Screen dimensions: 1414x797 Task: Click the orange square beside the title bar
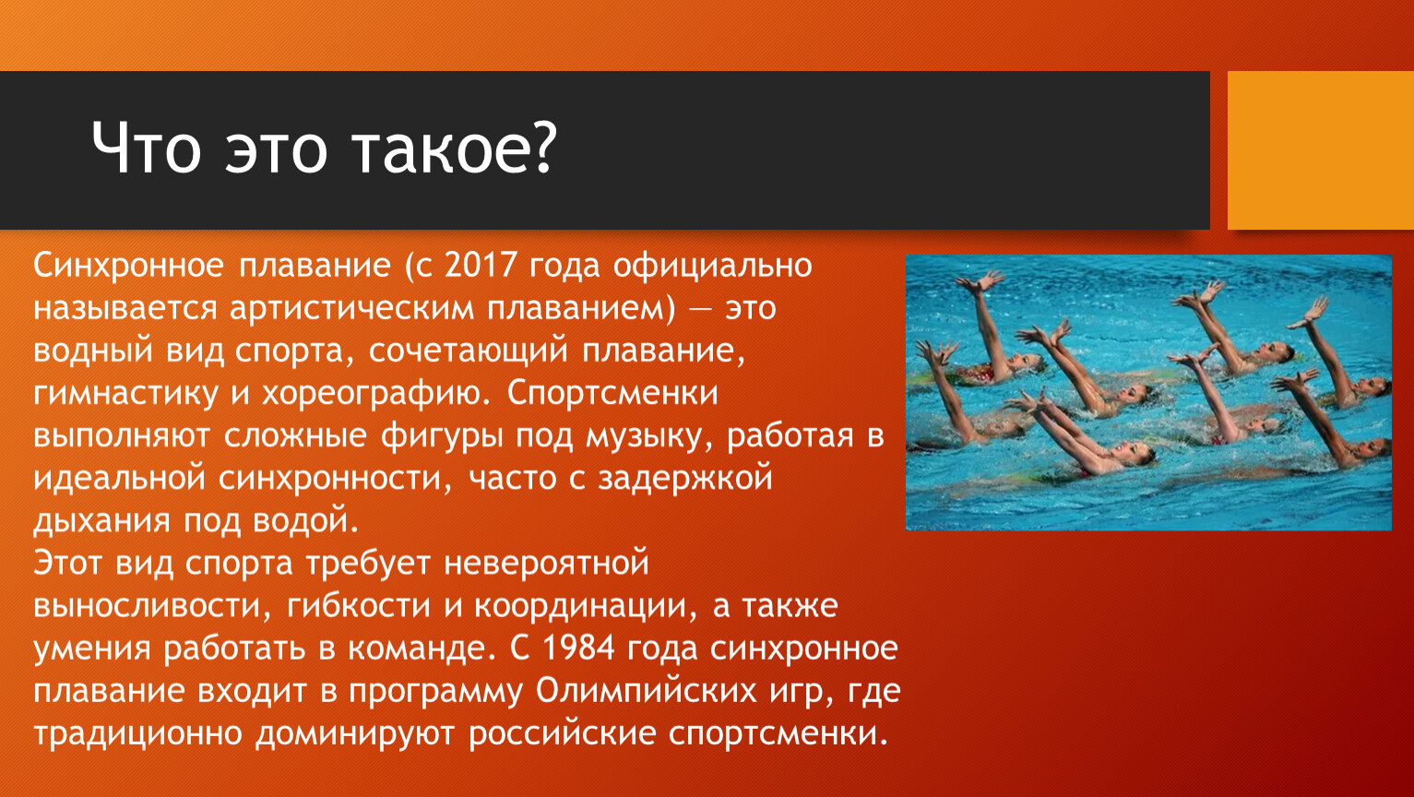pyautogui.click(x=1321, y=150)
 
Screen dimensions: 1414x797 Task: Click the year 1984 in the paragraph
pyautogui.click(x=578, y=648)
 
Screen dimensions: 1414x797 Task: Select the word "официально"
pyautogui.click(x=712, y=267)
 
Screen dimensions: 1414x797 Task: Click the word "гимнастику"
pyautogui.click(x=125, y=394)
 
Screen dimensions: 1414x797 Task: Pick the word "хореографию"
pyautogui.click(x=375, y=394)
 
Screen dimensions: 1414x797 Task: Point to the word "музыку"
pyautogui.click(x=649, y=436)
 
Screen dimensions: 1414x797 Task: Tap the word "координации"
pyautogui.click(x=586, y=606)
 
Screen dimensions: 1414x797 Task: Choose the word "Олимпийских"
pyautogui.click(x=647, y=690)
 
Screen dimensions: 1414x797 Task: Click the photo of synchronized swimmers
pyautogui.click(x=1148, y=392)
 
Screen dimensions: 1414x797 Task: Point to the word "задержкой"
pyautogui.click(x=685, y=479)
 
